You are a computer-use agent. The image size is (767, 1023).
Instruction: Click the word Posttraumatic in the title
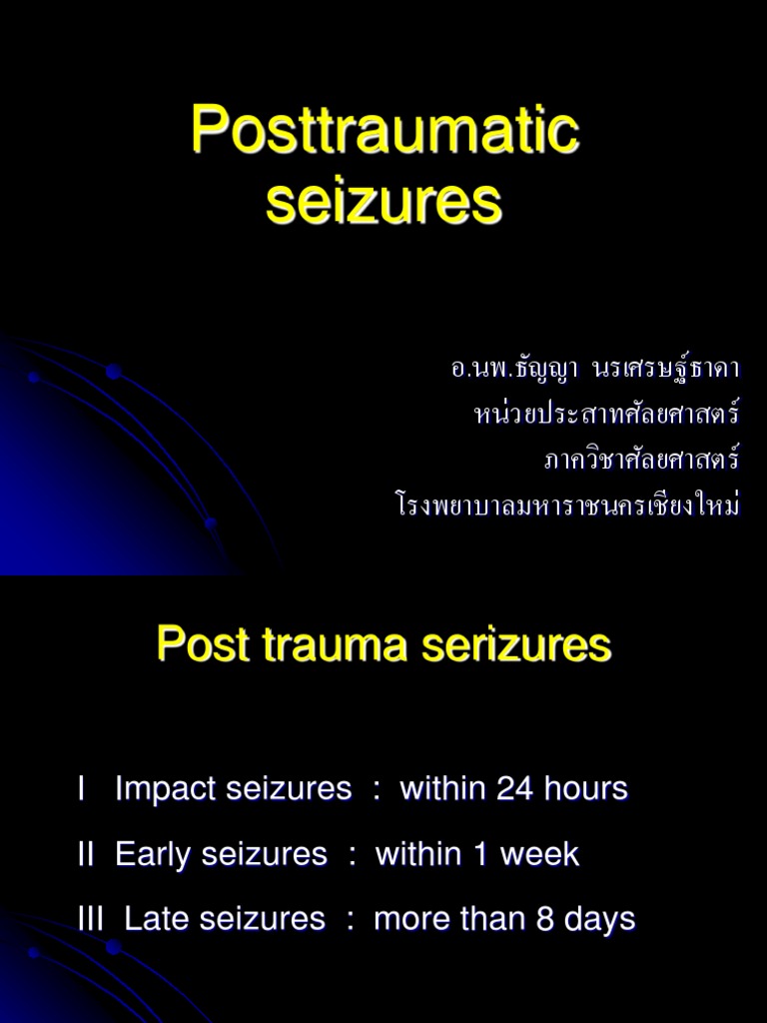point(384,131)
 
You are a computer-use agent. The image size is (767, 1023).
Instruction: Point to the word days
point(600,918)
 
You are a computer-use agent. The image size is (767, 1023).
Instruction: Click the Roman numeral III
point(91,918)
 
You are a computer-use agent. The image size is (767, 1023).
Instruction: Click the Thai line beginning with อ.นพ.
point(595,369)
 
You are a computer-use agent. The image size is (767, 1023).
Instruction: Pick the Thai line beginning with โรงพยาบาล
point(567,506)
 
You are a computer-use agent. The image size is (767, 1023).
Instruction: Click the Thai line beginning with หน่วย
point(607,414)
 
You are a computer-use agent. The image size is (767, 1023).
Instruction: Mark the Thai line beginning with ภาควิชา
point(641,460)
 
